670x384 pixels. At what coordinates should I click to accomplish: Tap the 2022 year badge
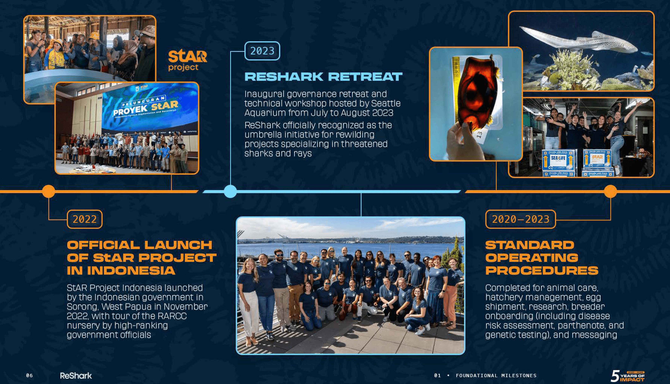pos(85,219)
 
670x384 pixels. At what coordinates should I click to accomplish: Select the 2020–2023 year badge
pos(521,219)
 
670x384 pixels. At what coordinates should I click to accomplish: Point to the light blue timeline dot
pos(230,191)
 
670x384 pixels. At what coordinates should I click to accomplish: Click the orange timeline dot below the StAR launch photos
pos(49,191)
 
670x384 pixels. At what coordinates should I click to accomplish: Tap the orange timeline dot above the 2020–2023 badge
pos(611,191)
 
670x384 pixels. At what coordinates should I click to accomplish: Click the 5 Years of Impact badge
pos(628,376)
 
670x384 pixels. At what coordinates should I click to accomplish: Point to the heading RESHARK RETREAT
pos(323,77)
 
